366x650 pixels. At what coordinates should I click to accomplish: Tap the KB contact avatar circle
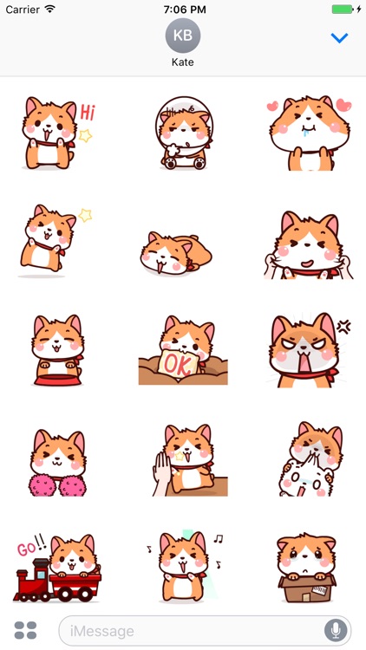[x=182, y=36]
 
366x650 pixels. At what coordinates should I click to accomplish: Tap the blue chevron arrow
[x=339, y=38]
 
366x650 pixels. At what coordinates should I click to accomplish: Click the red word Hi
[x=88, y=112]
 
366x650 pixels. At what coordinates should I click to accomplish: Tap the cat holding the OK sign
[x=183, y=350]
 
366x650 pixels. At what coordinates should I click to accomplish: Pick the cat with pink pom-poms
[x=56, y=459]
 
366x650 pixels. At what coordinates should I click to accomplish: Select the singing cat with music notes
[x=183, y=569]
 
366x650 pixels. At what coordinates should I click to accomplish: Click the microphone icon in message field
[x=335, y=630]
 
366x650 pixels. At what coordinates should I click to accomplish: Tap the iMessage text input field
[x=191, y=630]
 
